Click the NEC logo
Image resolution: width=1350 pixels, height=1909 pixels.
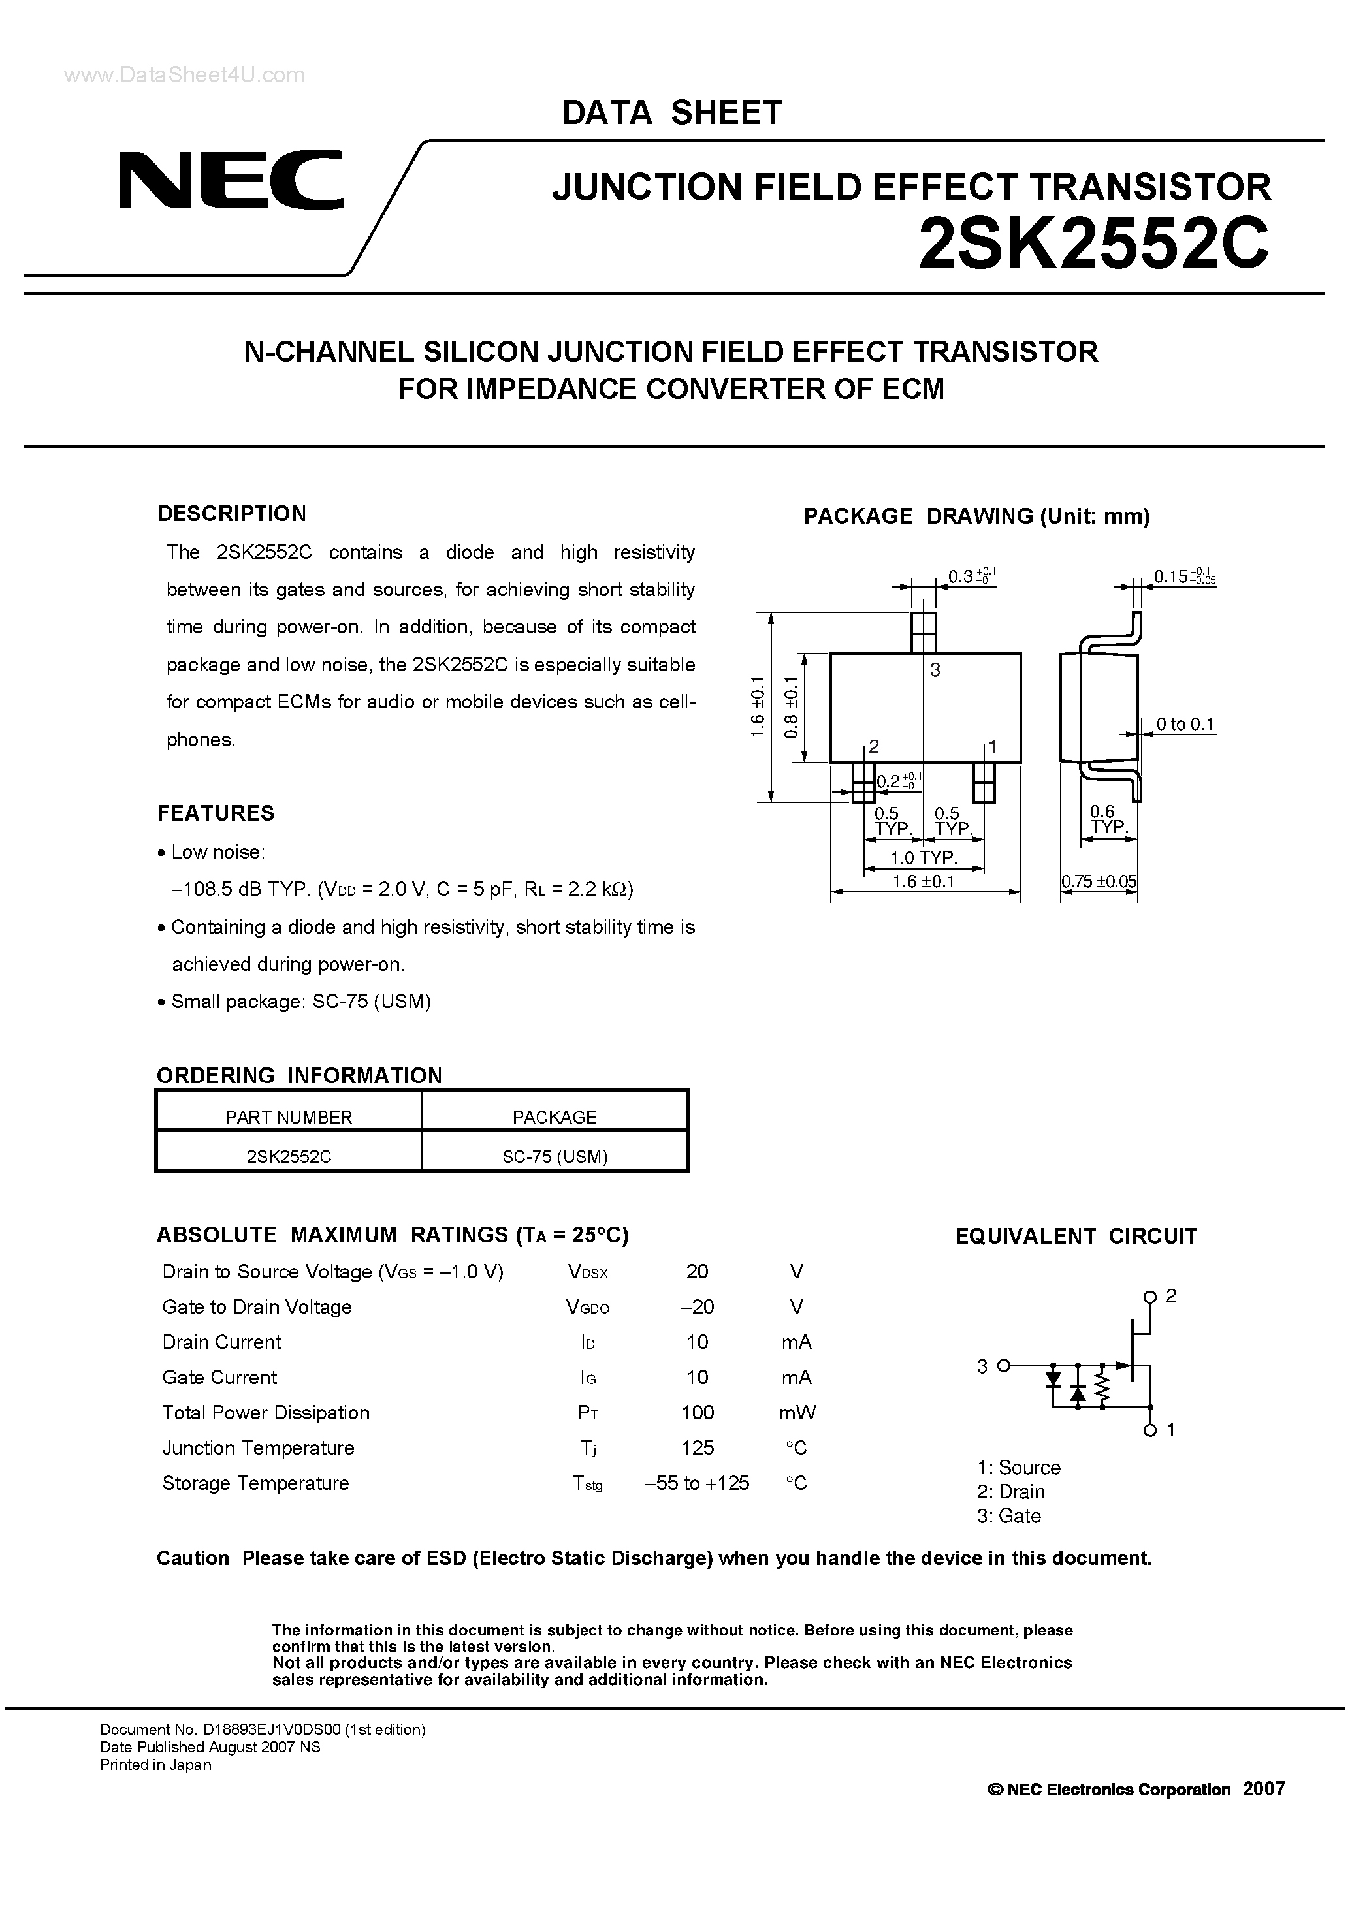click(231, 180)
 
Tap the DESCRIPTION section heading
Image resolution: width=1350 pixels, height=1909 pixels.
click(231, 514)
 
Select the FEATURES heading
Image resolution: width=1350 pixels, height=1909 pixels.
click(216, 813)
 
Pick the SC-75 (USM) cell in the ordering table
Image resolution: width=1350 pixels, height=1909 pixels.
click(554, 1156)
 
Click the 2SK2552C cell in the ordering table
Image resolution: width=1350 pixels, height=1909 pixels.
click(289, 1156)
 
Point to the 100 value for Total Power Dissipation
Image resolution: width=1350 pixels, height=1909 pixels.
click(697, 1413)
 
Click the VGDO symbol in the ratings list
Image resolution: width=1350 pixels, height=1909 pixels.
click(587, 1308)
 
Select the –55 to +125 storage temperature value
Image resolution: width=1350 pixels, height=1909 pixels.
click(697, 1483)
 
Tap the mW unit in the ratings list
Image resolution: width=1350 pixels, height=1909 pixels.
click(797, 1413)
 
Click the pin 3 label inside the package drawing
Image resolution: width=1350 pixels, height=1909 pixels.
click(935, 670)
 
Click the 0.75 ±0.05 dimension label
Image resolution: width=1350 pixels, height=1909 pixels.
click(1099, 881)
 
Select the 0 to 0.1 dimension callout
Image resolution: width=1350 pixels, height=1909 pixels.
click(1185, 724)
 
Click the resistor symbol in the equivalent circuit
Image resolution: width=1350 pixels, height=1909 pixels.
click(1103, 1386)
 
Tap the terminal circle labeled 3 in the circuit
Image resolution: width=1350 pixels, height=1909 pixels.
click(1003, 1365)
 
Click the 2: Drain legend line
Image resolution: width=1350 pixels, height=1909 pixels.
click(1010, 1492)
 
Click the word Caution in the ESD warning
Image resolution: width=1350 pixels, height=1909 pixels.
click(193, 1558)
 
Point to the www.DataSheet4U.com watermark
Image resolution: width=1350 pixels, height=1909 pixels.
click(185, 76)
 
